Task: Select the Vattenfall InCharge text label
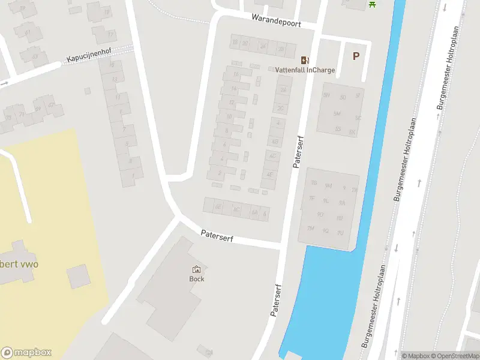click(x=305, y=70)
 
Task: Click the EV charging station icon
click(x=305, y=59)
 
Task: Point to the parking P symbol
click(x=356, y=56)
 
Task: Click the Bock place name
click(x=196, y=278)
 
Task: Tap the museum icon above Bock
click(x=196, y=269)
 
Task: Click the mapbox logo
click(x=27, y=353)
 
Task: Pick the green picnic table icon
click(x=372, y=4)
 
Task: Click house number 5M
click(x=337, y=114)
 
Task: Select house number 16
click(x=236, y=74)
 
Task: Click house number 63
click(x=35, y=57)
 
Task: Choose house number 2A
click(x=283, y=89)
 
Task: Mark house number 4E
click(x=270, y=175)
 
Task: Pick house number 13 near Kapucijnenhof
click(x=114, y=79)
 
